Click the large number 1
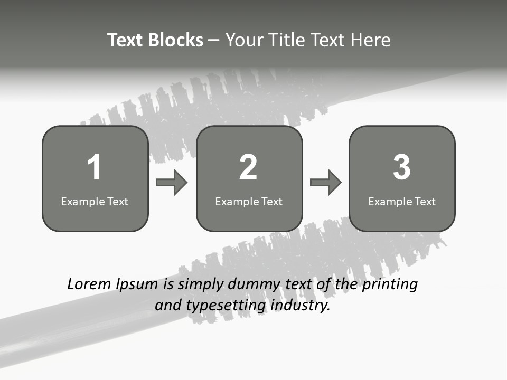pos(94,167)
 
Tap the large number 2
pos(248,167)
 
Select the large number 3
pos(402,167)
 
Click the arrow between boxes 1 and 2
pos(172,183)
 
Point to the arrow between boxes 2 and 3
pos(325,183)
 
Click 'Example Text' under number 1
pos(95,201)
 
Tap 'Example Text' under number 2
pos(249,201)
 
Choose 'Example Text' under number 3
pos(402,201)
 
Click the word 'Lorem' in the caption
pos(89,284)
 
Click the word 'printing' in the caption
pos(390,285)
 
